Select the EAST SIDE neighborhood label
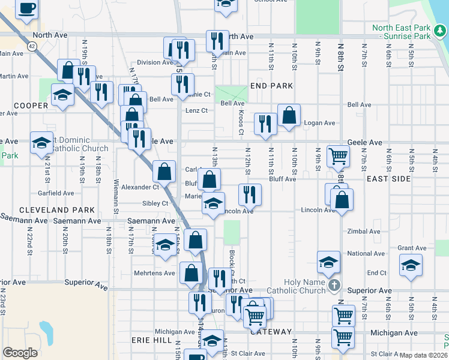coord(388,179)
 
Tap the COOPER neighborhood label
coord(31,106)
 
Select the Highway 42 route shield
coord(31,45)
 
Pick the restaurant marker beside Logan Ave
coord(265,123)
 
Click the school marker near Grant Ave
coord(411,265)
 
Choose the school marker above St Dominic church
coord(41,142)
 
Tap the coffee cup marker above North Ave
coord(26,8)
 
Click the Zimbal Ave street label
coord(364,231)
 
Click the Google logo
coord(20,353)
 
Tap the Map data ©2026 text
coord(423,355)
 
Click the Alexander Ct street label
coord(140,187)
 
